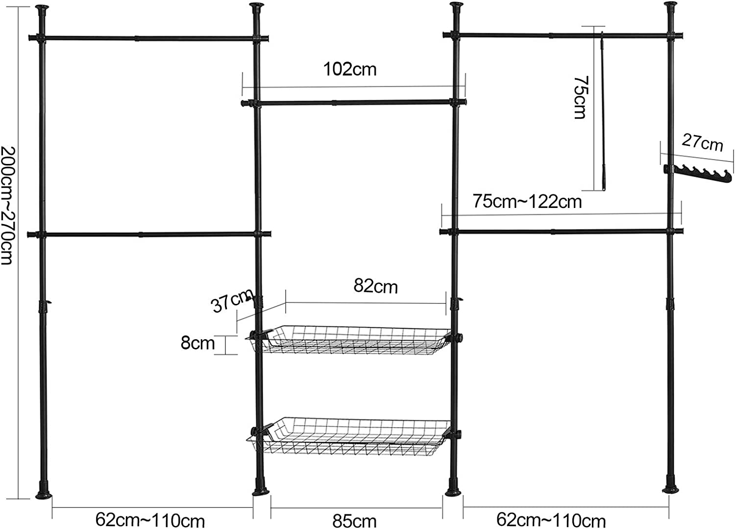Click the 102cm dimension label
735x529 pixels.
click(x=350, y=69)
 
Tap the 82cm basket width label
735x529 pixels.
click(x=376, y=286)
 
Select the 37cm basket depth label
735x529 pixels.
click(x=232, y=300)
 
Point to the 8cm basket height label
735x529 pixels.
click(x=197, y=343)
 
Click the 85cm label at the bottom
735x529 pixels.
click(x=354, y=521)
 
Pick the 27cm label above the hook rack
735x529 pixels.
click(x=703, y=143)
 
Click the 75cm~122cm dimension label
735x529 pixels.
click(x=527, y=201)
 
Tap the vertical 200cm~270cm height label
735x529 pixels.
click(x=8, y=206)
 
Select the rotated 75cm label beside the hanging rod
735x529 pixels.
click(x=581, y=98)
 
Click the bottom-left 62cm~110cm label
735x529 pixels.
click(x=150, y=520)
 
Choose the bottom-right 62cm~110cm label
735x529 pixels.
click(x=551, y=520)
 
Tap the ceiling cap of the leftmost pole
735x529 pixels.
click(x=42, y=10)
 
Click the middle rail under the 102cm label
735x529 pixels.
click(x=354, y=103)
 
